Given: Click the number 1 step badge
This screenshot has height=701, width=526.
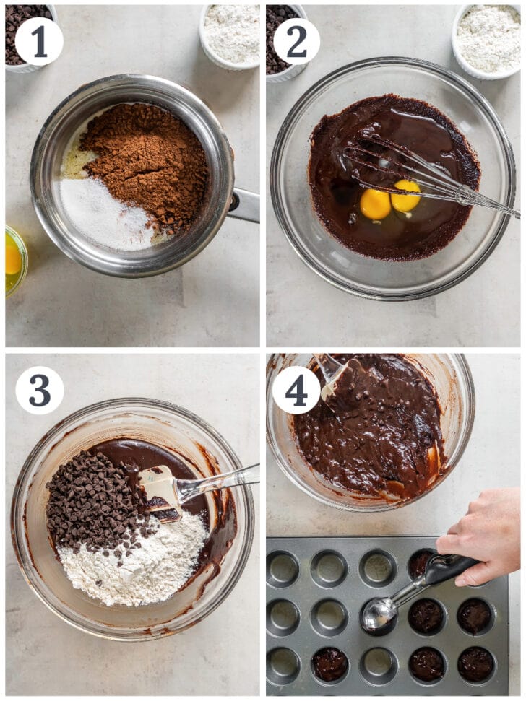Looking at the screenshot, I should click(39, 41).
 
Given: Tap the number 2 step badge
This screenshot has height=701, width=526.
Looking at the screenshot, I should click(296, 41).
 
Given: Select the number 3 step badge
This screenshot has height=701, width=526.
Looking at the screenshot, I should click(40, 391).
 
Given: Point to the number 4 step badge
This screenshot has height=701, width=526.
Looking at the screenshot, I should click(296, 391).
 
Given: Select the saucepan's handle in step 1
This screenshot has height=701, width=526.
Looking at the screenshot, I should click(244, 205).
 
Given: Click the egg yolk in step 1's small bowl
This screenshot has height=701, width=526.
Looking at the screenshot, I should click(12, 260).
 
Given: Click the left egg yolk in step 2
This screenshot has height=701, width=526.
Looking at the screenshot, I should click(375, 204).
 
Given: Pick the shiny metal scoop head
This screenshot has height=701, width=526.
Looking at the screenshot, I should click(379, 612).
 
